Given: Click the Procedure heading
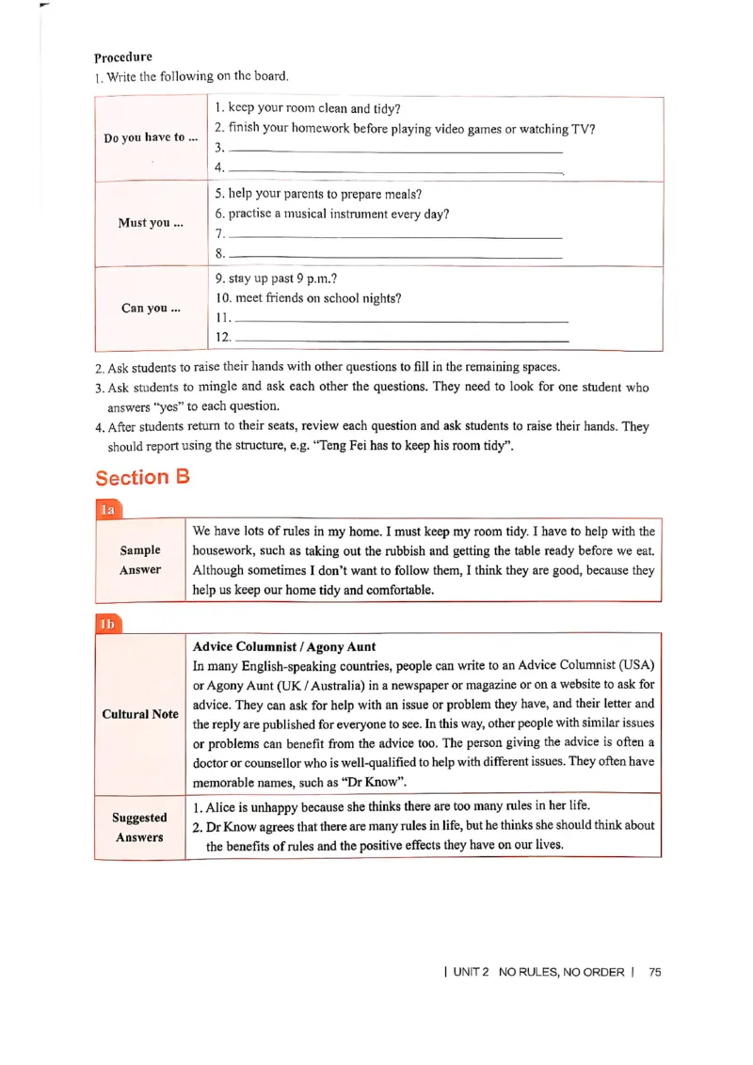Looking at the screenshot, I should pos(122,57).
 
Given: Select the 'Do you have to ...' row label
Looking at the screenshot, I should pos(151,137).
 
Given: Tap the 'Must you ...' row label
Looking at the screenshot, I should pos(151,223).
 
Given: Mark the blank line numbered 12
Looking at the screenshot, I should pos(401,338).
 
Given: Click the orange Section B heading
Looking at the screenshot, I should pos(142,477).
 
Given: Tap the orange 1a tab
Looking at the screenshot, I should pos(108,509).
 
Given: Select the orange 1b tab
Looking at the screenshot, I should pos(108,624).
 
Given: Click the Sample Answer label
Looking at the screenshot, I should pos(140,560).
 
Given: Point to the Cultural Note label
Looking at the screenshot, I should pos(140,714).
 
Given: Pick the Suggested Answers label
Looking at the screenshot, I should pos(139,828).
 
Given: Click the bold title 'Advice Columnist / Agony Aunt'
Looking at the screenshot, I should pos(284,646).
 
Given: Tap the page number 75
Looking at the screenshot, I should pos(655,972).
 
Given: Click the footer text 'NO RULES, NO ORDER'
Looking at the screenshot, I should pos(562,972).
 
